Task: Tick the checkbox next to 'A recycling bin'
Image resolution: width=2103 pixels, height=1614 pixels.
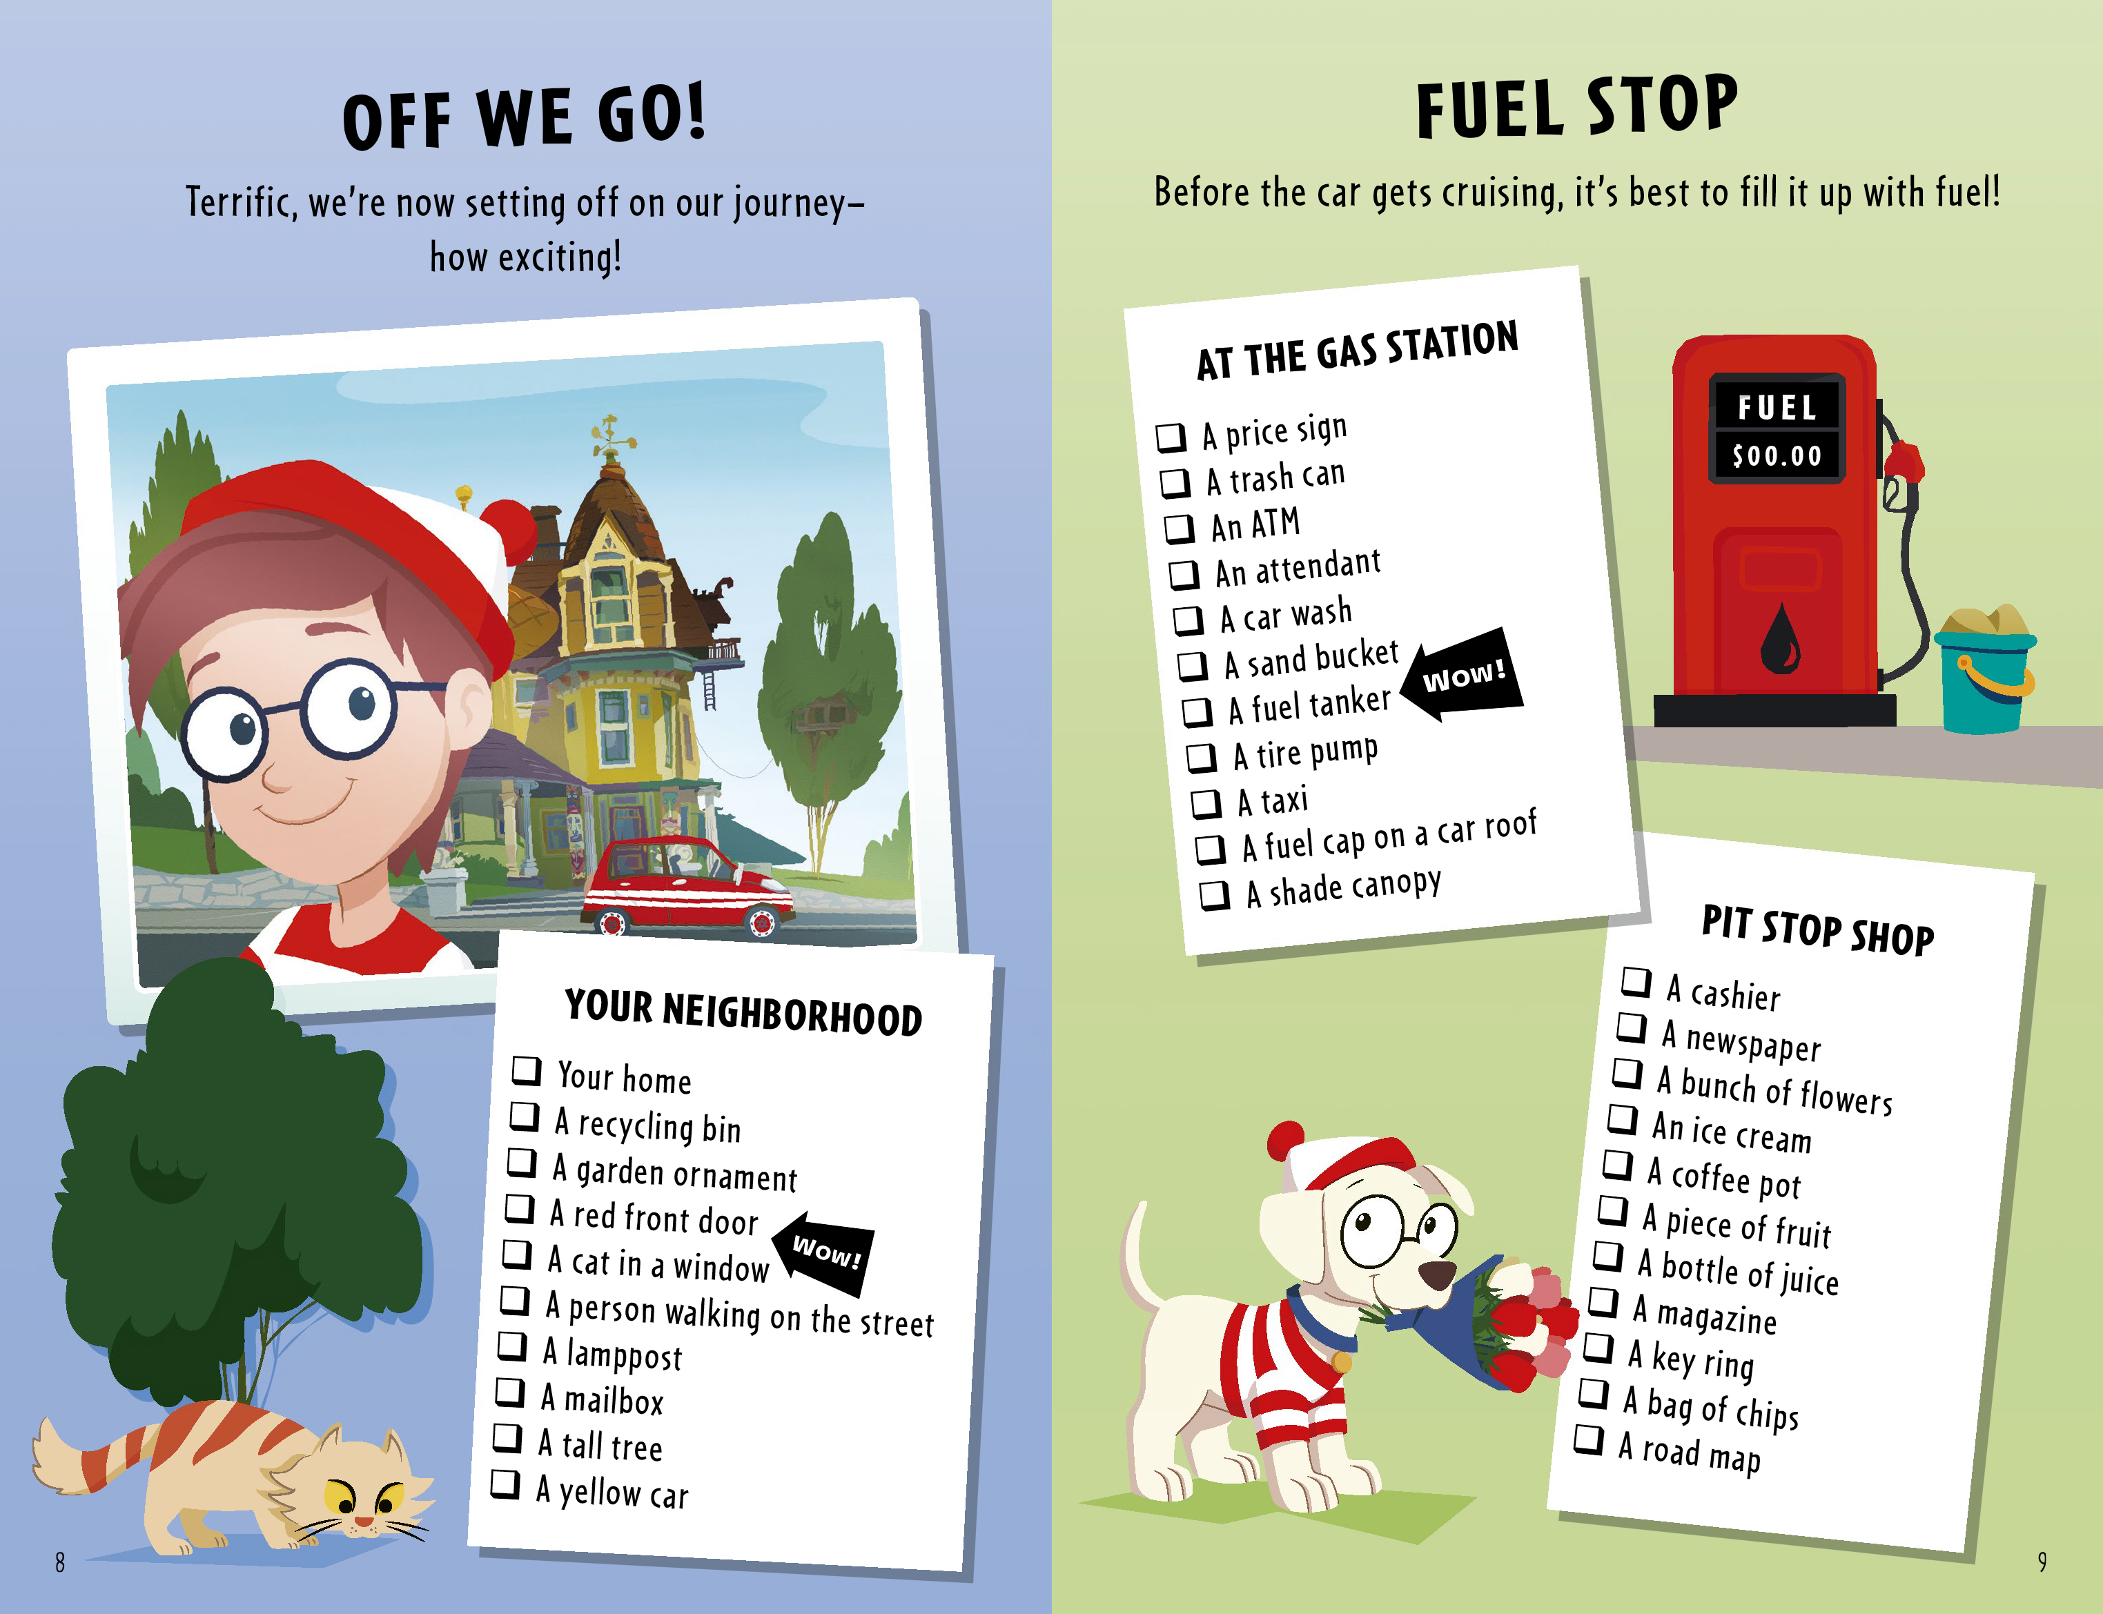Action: [x=524, y=1115]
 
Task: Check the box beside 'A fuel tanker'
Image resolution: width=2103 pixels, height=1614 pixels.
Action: [x=1196, y=712]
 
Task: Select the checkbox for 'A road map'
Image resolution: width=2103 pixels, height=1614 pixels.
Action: [x=1589, y=1439]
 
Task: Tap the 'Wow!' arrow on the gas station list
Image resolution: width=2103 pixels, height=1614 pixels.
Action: [x=1461, y=676]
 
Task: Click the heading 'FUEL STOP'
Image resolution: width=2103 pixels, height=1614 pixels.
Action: [x=1576, y=107]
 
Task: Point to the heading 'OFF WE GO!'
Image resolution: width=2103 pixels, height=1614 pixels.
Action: [x=525, y=117]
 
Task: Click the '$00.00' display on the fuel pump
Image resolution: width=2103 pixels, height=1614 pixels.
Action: [x=1777, y=455]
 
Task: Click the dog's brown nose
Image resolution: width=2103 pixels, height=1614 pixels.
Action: [x=1436, y=1275]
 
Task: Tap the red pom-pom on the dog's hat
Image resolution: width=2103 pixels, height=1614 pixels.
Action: [x=1285, y=1141]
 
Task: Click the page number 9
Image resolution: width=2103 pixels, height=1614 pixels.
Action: [x=2042, y=1562]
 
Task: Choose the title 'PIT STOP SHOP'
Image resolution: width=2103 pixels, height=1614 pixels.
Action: [x=1818, y=930]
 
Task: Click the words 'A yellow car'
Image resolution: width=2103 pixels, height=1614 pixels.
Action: [x=612, y=1492]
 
